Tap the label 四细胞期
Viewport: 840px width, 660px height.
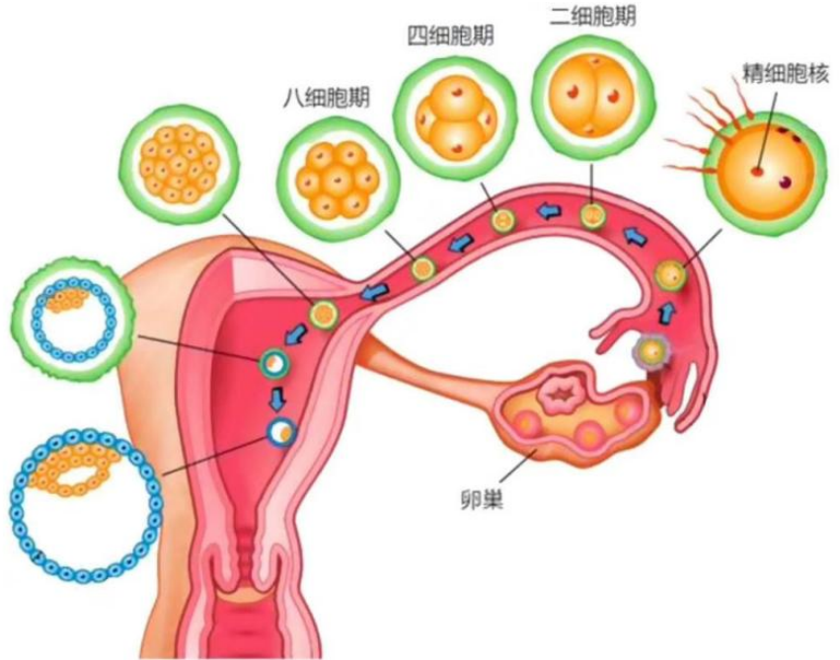coord(451,37)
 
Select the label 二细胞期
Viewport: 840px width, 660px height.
coord(590,17)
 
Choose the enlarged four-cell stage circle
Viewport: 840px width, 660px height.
coord(455,113)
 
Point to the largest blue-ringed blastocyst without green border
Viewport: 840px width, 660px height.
coord(87,502)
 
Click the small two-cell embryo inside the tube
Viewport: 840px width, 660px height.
coord(593,215)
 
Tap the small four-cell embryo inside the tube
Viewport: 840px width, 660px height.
coord(503,219)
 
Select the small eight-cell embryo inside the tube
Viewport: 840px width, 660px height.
coord(422,266)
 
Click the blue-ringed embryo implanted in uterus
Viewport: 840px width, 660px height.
coord(280,430)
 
